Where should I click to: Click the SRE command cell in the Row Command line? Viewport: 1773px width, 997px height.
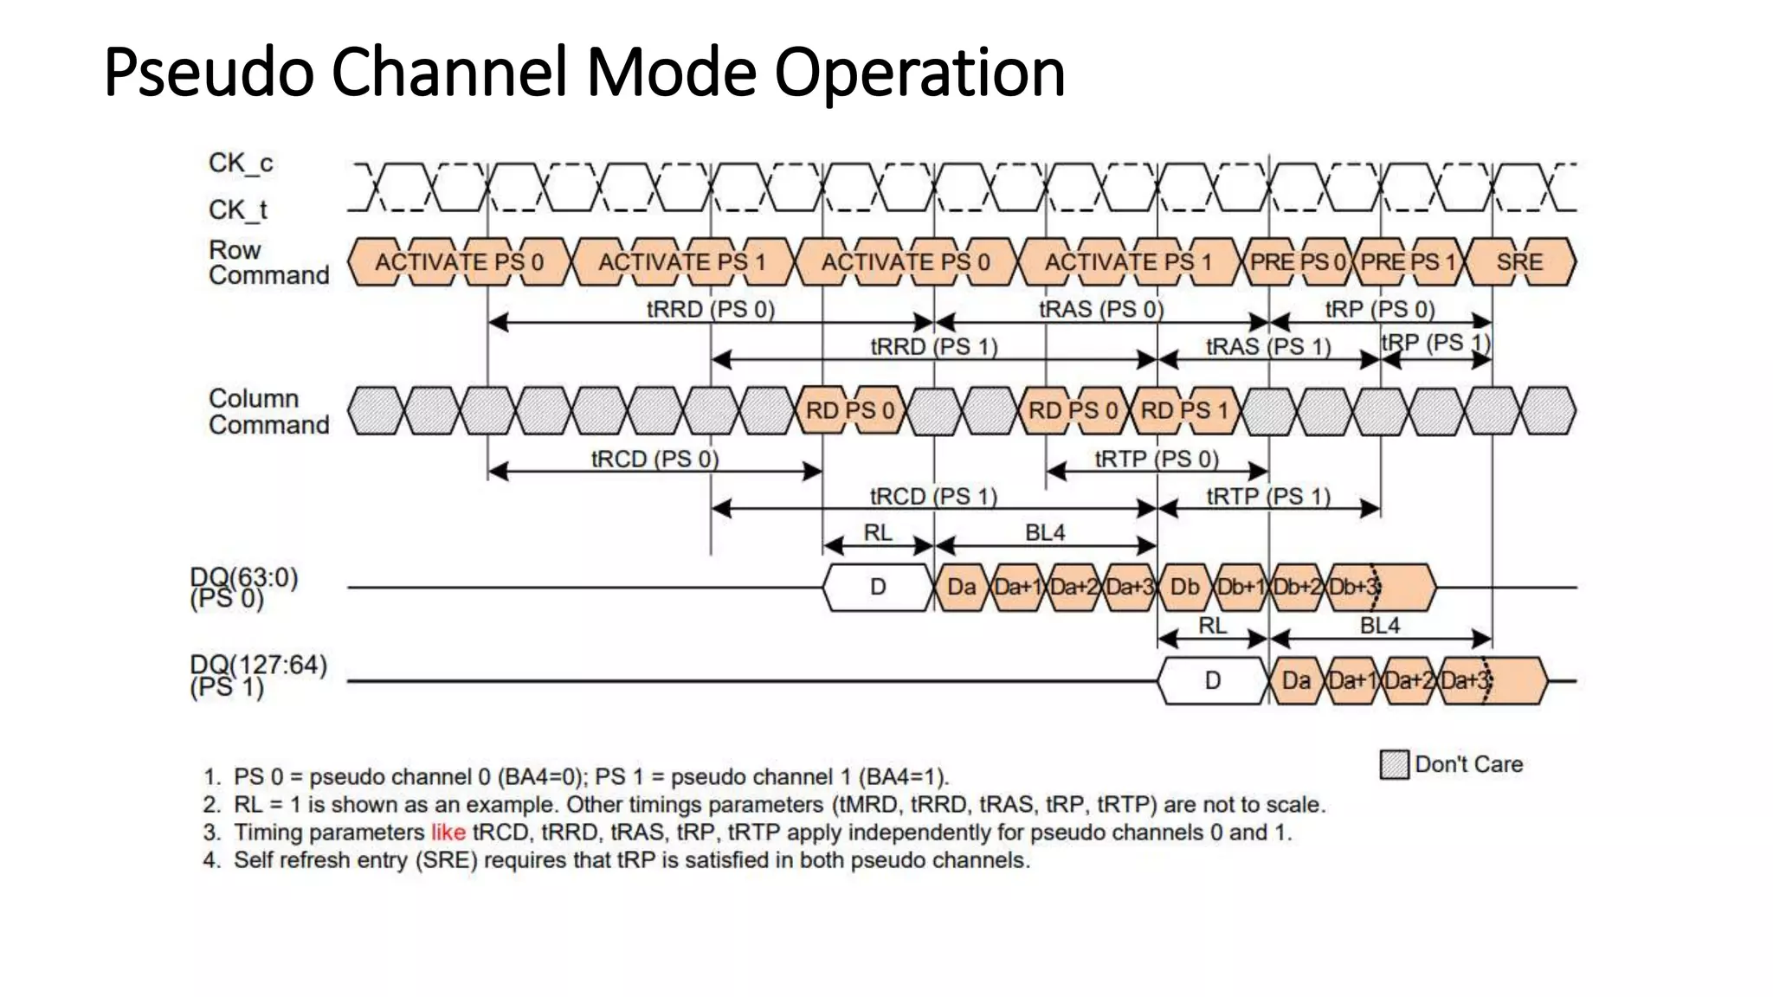[x=1519, y=262]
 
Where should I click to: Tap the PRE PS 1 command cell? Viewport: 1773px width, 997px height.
[x=1408, y=262]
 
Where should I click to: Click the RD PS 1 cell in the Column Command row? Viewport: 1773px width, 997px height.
[x=1184, y=410]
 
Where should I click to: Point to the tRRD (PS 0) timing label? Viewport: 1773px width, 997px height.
[x=710, y=309]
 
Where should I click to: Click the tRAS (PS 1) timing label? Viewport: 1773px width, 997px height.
[x=1268, y=346]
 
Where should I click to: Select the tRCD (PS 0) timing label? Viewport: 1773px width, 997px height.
[x=654, y=459]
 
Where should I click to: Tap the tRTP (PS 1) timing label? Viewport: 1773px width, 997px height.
[x=1268, y=496]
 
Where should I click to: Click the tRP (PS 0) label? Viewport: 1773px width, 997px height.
[x=1380, y=309]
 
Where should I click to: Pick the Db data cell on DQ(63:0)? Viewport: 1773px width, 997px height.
[x=1184, y=587]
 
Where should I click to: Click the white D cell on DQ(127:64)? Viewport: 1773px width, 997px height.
[x=1212, y=680]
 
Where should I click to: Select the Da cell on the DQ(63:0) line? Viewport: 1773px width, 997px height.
[x=961, y=587]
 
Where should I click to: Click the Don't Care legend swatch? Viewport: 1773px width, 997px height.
[x=1394, y=765]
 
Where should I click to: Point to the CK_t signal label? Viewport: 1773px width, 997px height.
[x=238, y=209]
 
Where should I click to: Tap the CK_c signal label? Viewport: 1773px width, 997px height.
[x=241, y=163]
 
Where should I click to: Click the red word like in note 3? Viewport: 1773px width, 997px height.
[x=448, y=833]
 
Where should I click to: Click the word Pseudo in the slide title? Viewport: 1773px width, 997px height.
[x=209, y=73]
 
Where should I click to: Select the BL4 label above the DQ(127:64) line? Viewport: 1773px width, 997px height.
[x=1379, y=625]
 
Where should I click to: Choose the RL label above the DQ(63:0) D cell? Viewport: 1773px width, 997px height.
[x=877, y=532]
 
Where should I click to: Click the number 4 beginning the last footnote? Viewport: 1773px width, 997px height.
[x=210, y=860]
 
